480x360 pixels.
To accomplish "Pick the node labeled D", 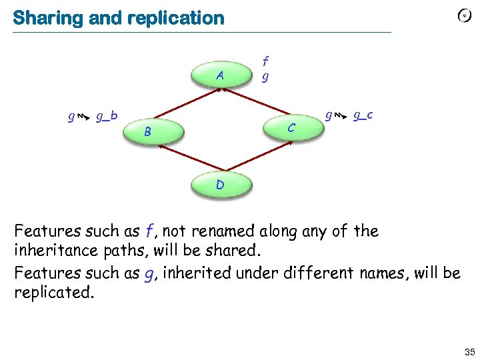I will (x=220, y=184).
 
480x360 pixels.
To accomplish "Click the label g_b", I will (x=107, y=117).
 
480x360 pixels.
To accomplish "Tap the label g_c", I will (x=362, y=115).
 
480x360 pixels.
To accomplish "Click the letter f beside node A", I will (x=265, y=63).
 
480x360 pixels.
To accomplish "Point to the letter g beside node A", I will (x=265, y=76).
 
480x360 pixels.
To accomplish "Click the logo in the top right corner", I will (x=465, y=16).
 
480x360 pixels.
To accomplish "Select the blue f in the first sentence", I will (x=150, y=232).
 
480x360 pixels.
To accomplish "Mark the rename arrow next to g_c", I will (x=340, y=117).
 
